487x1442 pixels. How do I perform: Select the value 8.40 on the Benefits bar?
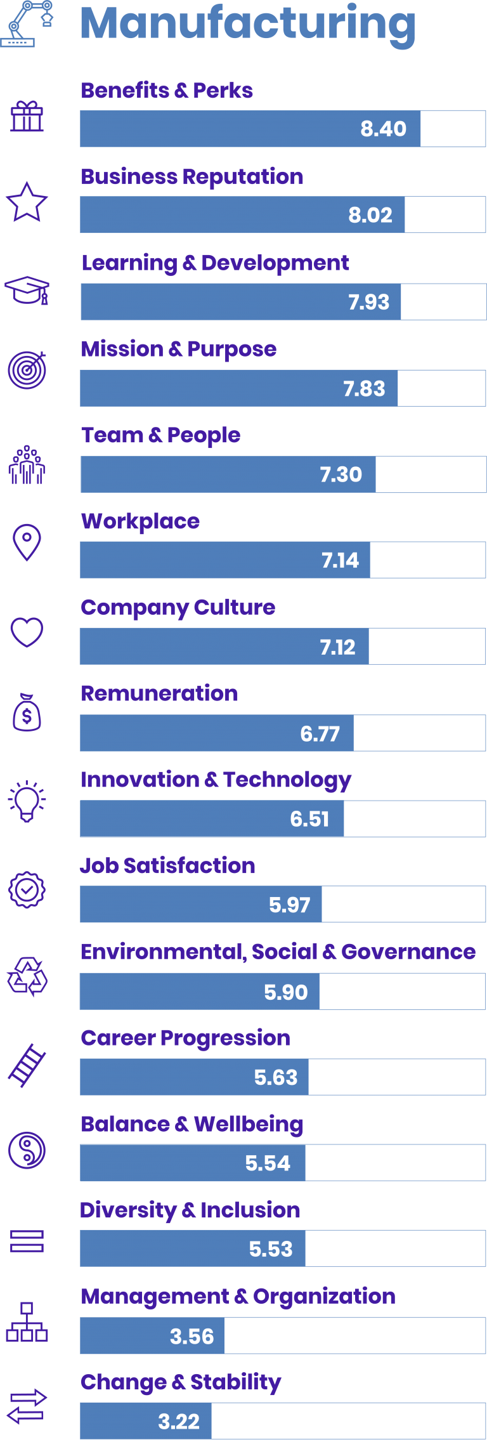383,129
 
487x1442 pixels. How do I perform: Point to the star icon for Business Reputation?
27,202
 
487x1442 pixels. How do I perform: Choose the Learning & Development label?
215,263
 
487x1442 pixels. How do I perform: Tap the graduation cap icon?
27,290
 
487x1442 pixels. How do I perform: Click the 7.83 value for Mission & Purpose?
364,388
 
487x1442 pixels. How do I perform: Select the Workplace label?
140,521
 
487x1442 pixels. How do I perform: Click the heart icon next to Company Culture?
27,632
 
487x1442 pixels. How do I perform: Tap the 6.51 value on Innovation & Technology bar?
309,819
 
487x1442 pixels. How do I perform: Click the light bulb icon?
27,801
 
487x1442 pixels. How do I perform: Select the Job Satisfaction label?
167,866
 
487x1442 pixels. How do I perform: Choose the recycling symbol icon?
27,977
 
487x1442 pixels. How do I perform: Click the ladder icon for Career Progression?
27,1065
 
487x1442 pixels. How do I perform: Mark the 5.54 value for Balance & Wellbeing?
268,1163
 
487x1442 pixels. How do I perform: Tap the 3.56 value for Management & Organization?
192,1336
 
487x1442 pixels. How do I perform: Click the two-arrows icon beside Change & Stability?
27,1406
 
